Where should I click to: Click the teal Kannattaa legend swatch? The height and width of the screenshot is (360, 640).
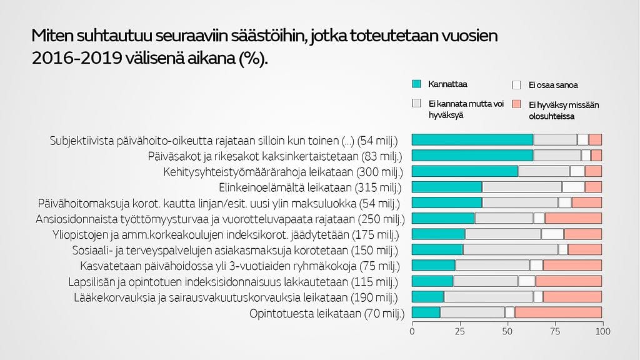[x=417, y=84]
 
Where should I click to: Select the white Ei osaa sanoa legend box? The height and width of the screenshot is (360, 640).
[x=516, y=84]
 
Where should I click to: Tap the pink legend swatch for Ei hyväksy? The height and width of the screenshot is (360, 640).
[x=516, y=104]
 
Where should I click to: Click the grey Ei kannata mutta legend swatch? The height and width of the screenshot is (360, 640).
[x=417, y=103]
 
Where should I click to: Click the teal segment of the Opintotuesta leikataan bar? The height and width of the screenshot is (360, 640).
[x=426, y=312]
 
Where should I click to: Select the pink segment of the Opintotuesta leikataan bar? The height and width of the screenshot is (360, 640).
[x=557, y=312]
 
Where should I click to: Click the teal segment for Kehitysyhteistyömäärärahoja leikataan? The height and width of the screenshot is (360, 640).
[x=465, y=171]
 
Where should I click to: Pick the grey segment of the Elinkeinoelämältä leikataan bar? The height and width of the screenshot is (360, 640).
[x=522, y=187]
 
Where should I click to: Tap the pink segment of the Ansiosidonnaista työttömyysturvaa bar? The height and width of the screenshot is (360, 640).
[x=573, y=218]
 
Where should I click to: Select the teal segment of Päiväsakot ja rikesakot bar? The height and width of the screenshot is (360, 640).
[x=472, y=156]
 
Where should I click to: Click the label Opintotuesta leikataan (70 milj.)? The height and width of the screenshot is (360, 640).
[x=327, y=313]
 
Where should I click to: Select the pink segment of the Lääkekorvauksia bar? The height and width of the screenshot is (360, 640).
[x=572, y=297]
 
